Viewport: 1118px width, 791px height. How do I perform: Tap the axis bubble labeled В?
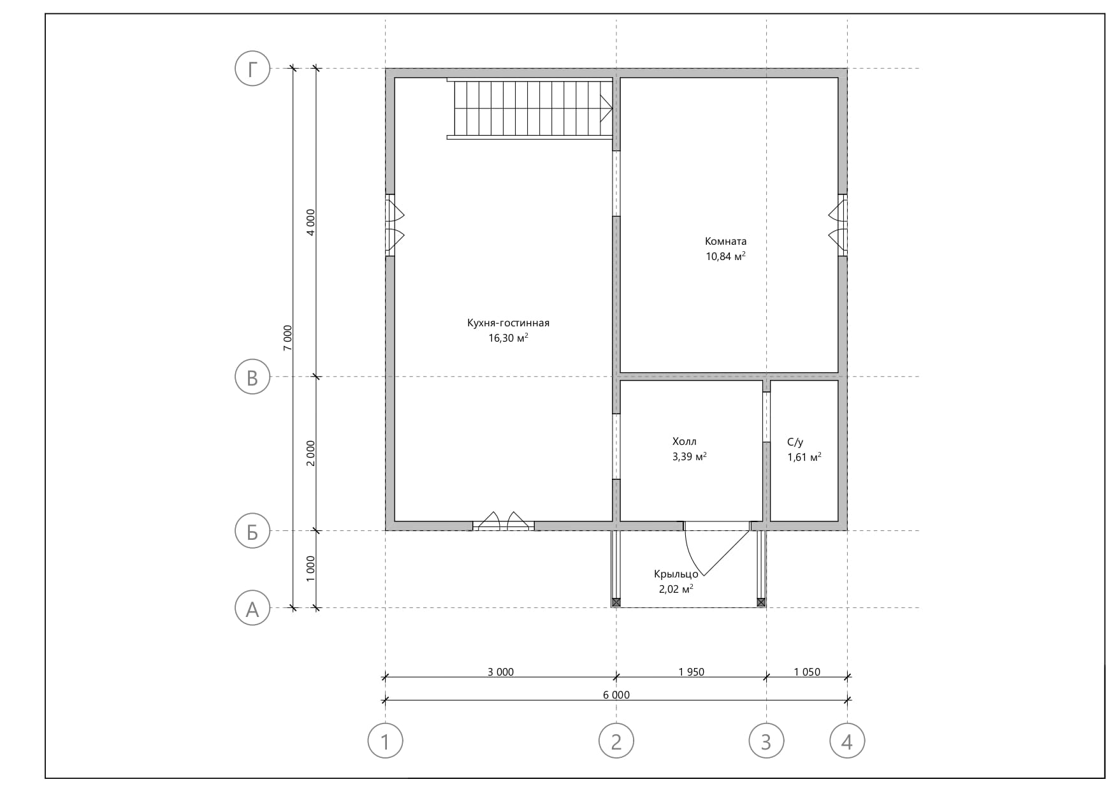click(x=253, y=377)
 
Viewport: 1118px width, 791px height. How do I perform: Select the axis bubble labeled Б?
click(x=253, y=531)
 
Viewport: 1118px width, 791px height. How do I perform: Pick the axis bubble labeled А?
click(x=253, y=608)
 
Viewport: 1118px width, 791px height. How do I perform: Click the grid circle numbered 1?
click(x=386, y=741)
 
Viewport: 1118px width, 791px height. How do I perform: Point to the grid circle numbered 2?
click(x=616, y=741)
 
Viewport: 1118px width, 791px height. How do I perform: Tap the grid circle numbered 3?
click(x=766, y=741)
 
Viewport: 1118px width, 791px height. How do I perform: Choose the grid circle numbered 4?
click(x=847, y=741)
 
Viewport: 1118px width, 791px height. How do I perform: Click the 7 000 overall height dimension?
click(x=287, y=338)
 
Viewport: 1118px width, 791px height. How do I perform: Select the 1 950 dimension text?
click(x=692, y=672)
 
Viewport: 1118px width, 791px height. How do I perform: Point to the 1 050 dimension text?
click(x=807, y=672)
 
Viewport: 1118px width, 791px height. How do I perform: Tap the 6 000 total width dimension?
click(x=616, y=695)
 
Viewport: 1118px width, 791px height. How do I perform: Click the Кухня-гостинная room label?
click(x=508, y=323)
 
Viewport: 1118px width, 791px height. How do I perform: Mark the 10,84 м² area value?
click(x=725, y=256)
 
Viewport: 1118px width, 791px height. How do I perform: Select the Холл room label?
click(x=685, y=441)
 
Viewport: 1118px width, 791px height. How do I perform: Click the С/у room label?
click(x=795, y=442)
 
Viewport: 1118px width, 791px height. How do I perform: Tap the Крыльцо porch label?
click(x=676, y=574)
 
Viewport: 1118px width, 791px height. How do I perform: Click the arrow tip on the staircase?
click(x=613, y=108)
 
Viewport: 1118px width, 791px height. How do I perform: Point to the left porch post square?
click(x=616, y=602)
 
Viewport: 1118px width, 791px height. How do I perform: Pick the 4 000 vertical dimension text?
click(x=310, y=222)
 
